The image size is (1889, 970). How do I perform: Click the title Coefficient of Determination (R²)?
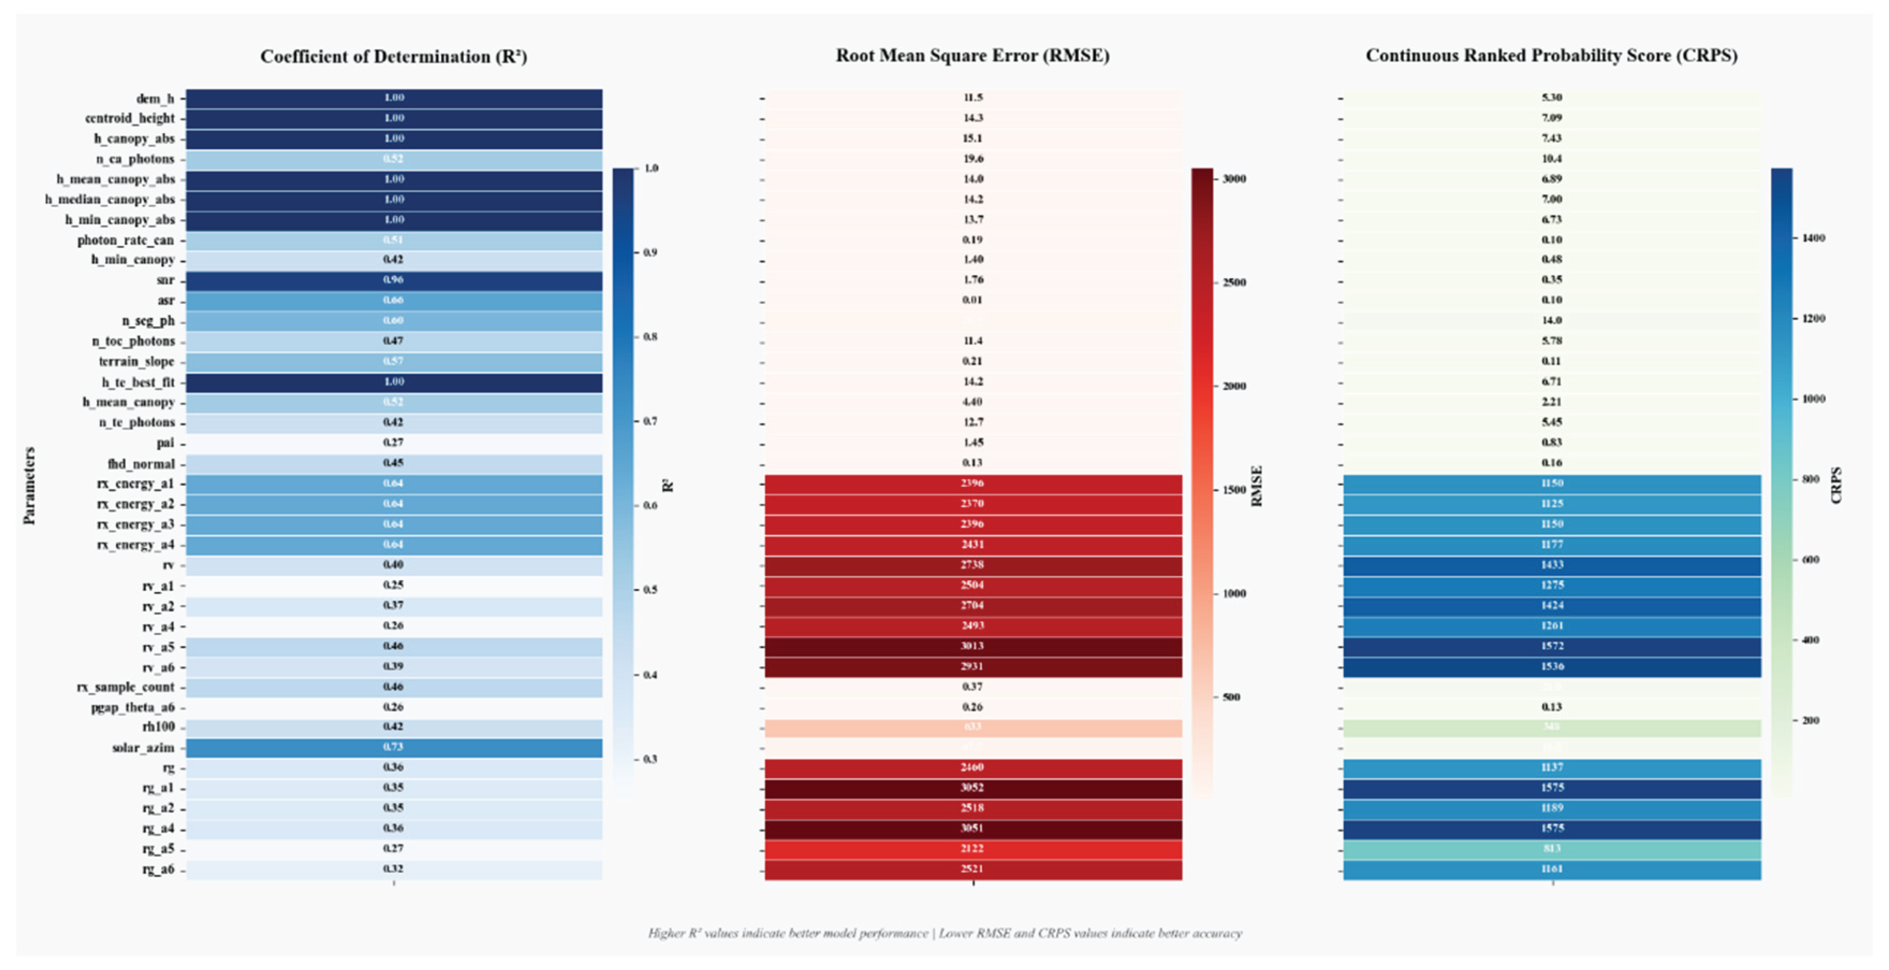(393, 56)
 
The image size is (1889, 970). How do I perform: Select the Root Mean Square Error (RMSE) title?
(972, 55)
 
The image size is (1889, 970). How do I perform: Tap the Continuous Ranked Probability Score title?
(1551, 55)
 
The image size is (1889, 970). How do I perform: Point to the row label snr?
(166, 280)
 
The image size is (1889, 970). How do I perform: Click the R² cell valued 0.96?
(394, 280)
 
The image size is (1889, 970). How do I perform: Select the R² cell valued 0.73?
(394, 747)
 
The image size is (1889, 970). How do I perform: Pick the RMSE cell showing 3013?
(972, 646)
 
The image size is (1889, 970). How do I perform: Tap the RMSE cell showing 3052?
(972, 787)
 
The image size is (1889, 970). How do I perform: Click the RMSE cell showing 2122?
(972, 848)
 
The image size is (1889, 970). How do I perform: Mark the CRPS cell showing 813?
(1552, 848)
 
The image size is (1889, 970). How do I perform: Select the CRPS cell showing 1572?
(1552, 646)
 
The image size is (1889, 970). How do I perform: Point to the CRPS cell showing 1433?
(1552, 565)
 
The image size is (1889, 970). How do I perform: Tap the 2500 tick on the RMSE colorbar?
(1234, 282)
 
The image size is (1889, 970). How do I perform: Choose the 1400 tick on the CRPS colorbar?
(1813, 238)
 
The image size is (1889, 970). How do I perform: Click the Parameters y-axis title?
(30, 485)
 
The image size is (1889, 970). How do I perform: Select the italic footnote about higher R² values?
(944, 933)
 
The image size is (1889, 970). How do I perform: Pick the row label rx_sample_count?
(126, 687)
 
